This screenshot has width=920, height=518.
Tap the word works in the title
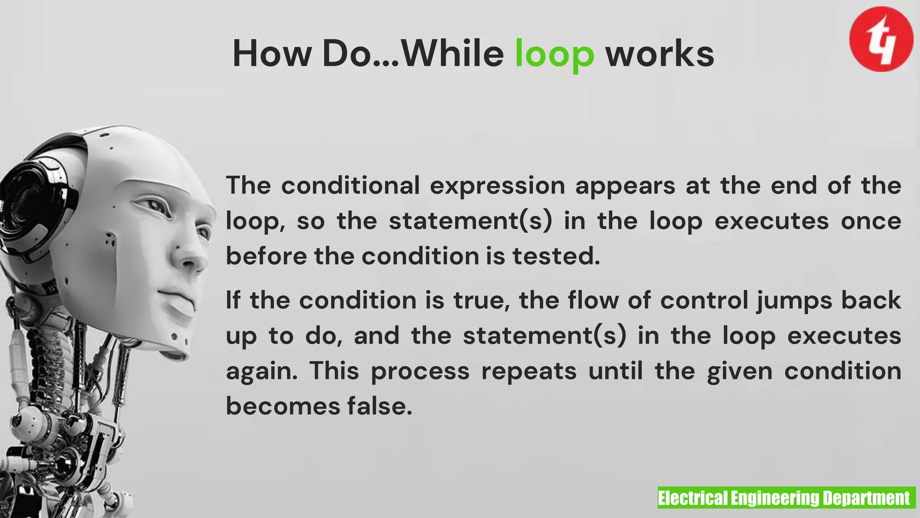tap(659, 54)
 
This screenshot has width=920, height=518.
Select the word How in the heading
tap(272, 54)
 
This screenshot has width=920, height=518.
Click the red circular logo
tap(881, 39)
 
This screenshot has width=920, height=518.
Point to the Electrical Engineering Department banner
tap(786, 498)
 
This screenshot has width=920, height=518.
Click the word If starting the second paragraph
tap(233, 300)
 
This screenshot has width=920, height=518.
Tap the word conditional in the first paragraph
tap(350, 186)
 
